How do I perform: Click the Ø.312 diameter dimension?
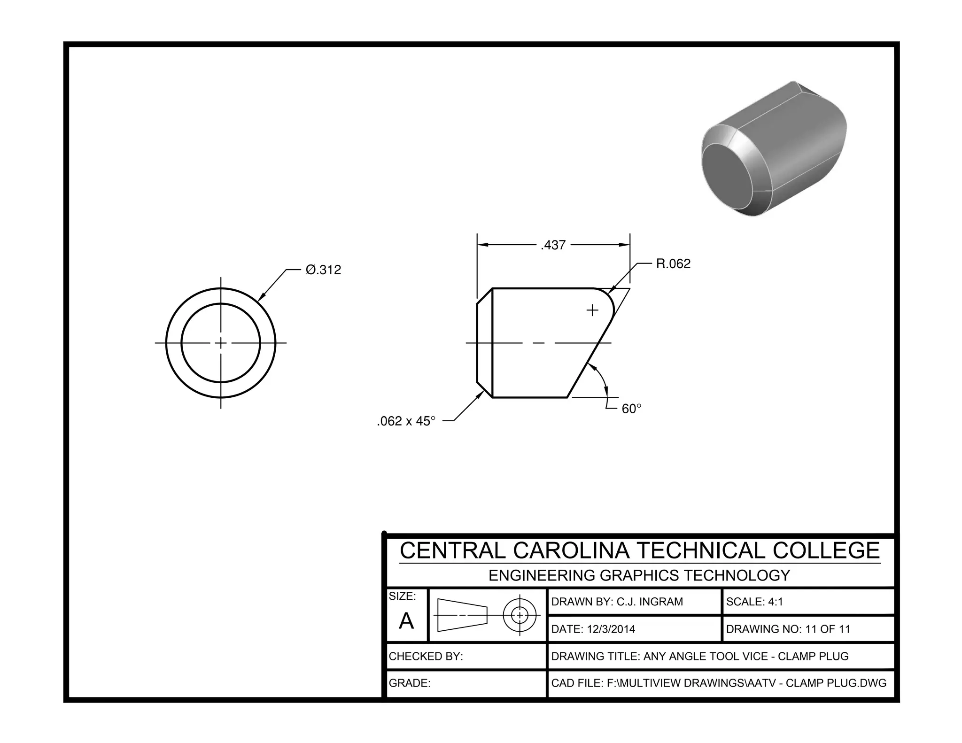pos(323,270)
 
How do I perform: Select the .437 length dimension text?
pos(553,246)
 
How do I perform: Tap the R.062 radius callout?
pos(673,264)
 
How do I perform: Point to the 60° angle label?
pos(631,409)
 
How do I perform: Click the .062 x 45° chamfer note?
pos(406,421)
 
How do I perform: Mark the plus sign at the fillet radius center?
pos(593,310)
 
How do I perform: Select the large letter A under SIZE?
pos(406,621)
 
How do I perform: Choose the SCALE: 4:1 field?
pos(754,602)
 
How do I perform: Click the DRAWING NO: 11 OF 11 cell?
pos(788,629)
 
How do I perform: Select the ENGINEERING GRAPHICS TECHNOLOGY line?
pos(639,575)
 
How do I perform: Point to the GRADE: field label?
pos(410,683)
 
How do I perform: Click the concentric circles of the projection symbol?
pos(520,615)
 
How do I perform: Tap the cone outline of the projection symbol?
pos(462,615)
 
